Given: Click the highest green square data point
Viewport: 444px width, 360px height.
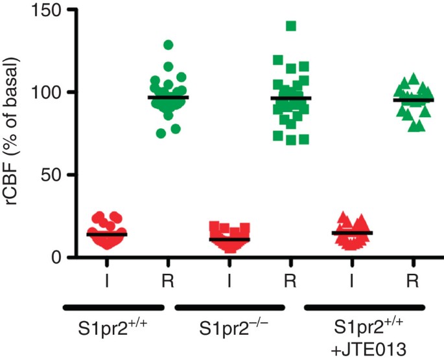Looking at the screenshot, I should point(291,26).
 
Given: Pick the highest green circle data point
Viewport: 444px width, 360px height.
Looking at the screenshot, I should point(169,45).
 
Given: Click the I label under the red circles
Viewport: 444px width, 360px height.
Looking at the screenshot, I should point(107,280).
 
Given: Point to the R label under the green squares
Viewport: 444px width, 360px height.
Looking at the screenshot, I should point(291,280).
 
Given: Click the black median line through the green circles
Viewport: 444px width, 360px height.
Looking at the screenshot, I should point(168,97).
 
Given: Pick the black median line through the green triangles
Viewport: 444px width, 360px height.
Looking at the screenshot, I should point(414,100).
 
